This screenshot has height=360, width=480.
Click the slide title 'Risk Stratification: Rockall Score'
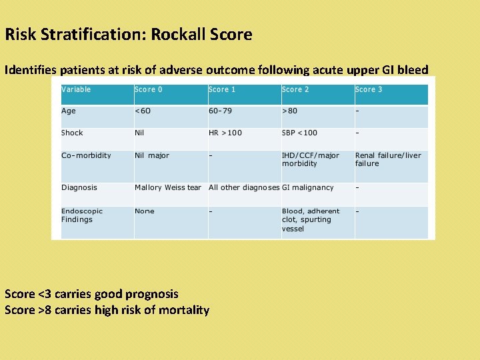(x=128, y=35)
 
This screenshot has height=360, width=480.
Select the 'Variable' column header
(x=76, y=89)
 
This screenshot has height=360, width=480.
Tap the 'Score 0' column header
(x=148, y=89)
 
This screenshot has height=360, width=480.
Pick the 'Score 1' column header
(x=222, y=89)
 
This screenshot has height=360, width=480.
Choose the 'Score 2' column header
(x=295, y=89)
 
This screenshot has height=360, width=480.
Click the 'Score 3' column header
(x=369, y=89)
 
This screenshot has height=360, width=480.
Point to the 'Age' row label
(x=69, y=111)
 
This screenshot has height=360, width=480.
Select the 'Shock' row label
(x=72, y=133)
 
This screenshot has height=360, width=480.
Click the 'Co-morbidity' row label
(x=86, y=155)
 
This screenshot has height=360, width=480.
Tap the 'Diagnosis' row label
(x=79, y=187)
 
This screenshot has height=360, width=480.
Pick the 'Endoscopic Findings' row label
(x=77, y=215)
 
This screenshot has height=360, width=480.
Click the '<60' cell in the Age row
(x=143, y=111)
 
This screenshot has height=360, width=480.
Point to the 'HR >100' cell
(x=225, y=133)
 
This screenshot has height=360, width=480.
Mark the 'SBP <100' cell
(x=299, y=133)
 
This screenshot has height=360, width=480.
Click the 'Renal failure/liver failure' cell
(x=388, y=159)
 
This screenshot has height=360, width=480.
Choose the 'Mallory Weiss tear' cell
(x=168, y=187)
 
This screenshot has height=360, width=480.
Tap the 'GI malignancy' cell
(x=307, y=187)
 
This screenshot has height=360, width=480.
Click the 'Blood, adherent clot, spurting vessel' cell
(x=311, y=220)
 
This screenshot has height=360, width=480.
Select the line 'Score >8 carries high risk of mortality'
(x=107, y=310)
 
